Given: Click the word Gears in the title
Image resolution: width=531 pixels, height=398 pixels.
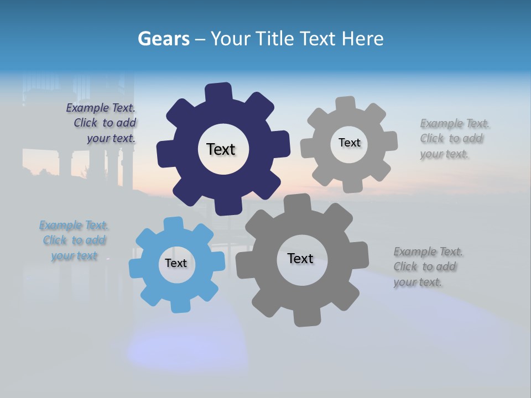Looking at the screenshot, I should coord(163,39).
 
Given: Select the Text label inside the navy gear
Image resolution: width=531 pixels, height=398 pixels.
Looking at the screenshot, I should coord(221,149).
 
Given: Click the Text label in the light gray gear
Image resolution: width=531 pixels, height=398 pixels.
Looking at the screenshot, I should coord(349,143).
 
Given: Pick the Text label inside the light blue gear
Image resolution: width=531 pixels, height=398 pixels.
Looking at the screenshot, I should coord(176,263).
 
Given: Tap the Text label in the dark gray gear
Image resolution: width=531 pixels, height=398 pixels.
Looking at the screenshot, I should coord(300,258).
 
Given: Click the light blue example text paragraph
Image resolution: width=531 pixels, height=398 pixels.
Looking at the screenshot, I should coord(74,240).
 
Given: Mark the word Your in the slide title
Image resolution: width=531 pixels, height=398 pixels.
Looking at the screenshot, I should coord(232,39).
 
